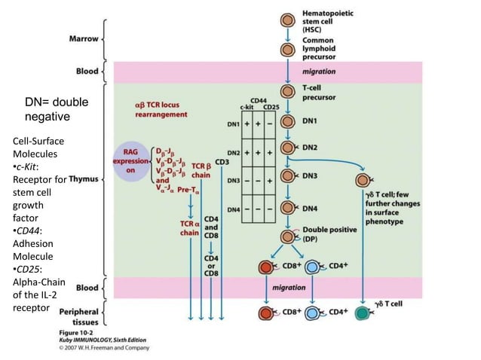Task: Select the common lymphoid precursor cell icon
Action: [x=287, y=50]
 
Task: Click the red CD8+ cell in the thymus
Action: [x=265, y=267]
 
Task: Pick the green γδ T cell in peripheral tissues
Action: [x=364, y=312]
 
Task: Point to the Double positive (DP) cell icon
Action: [x=287, y=236]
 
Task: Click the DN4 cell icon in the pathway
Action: [x=287, y=207]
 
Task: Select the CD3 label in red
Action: [x=222, y=161]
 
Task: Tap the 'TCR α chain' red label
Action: [x=189, y=228]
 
